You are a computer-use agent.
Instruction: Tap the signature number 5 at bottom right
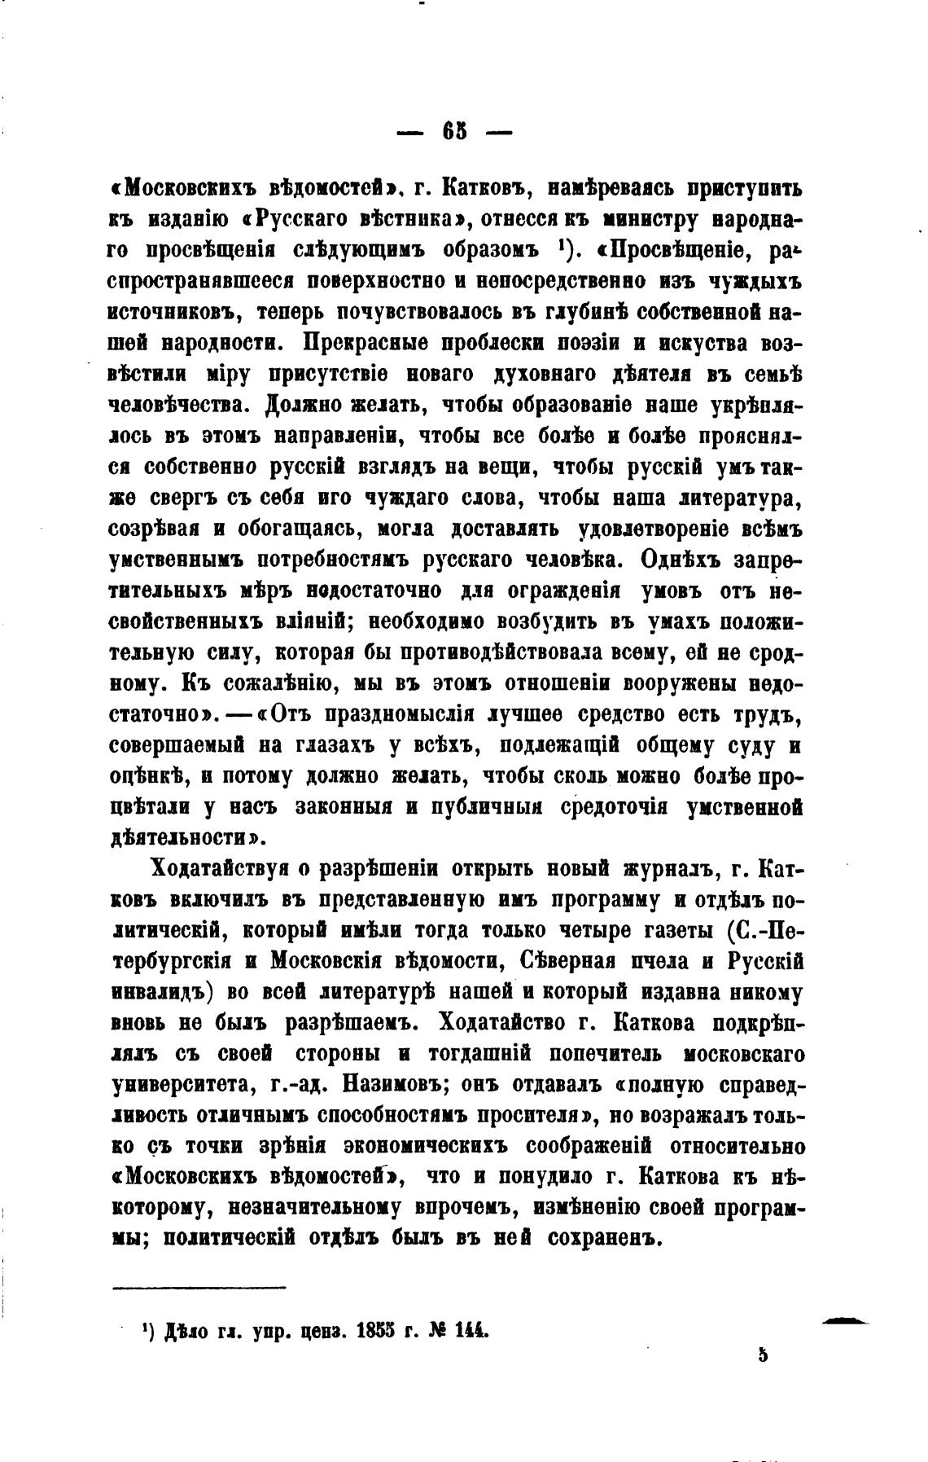pos(762,1354)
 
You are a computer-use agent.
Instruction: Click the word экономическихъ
pos(429,1146)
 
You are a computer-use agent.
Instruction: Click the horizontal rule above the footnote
pos(199,1288)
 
